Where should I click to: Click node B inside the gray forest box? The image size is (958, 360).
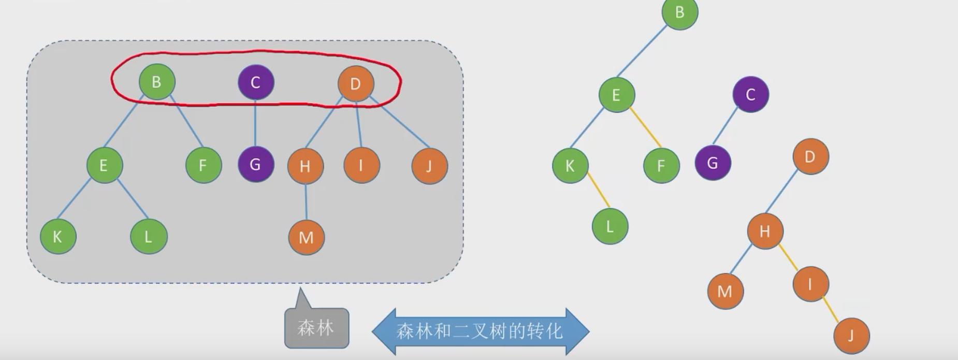point(157,82)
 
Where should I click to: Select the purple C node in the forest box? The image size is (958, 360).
point(256,82)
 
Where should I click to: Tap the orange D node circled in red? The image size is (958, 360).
point(356,84)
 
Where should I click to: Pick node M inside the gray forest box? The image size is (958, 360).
point(306,237)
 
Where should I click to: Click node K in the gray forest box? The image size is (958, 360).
point(58,236)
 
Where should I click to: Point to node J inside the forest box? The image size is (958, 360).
point(429,166)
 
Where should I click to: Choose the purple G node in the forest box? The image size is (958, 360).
point(256,164)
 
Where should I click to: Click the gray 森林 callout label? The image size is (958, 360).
point(316,328)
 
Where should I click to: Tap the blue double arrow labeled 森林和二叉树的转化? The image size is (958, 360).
point(480,331)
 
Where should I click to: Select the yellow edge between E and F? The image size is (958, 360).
point(645,127)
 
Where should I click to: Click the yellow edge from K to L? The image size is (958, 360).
point(599,191)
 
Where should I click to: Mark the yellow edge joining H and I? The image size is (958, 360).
point(789,257)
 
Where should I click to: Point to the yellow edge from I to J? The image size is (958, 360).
point(831,309)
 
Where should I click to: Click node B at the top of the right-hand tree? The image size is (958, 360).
point(680,12)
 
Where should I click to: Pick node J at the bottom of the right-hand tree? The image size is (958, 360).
point(851,336)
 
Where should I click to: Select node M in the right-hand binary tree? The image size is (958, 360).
point(725,291)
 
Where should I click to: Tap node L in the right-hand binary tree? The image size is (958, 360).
point(610,226)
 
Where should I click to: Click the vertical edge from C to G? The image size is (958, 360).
point(255,123)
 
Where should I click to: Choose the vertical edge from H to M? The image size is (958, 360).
point(306,201)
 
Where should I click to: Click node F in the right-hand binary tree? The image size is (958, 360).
point(661,166)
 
